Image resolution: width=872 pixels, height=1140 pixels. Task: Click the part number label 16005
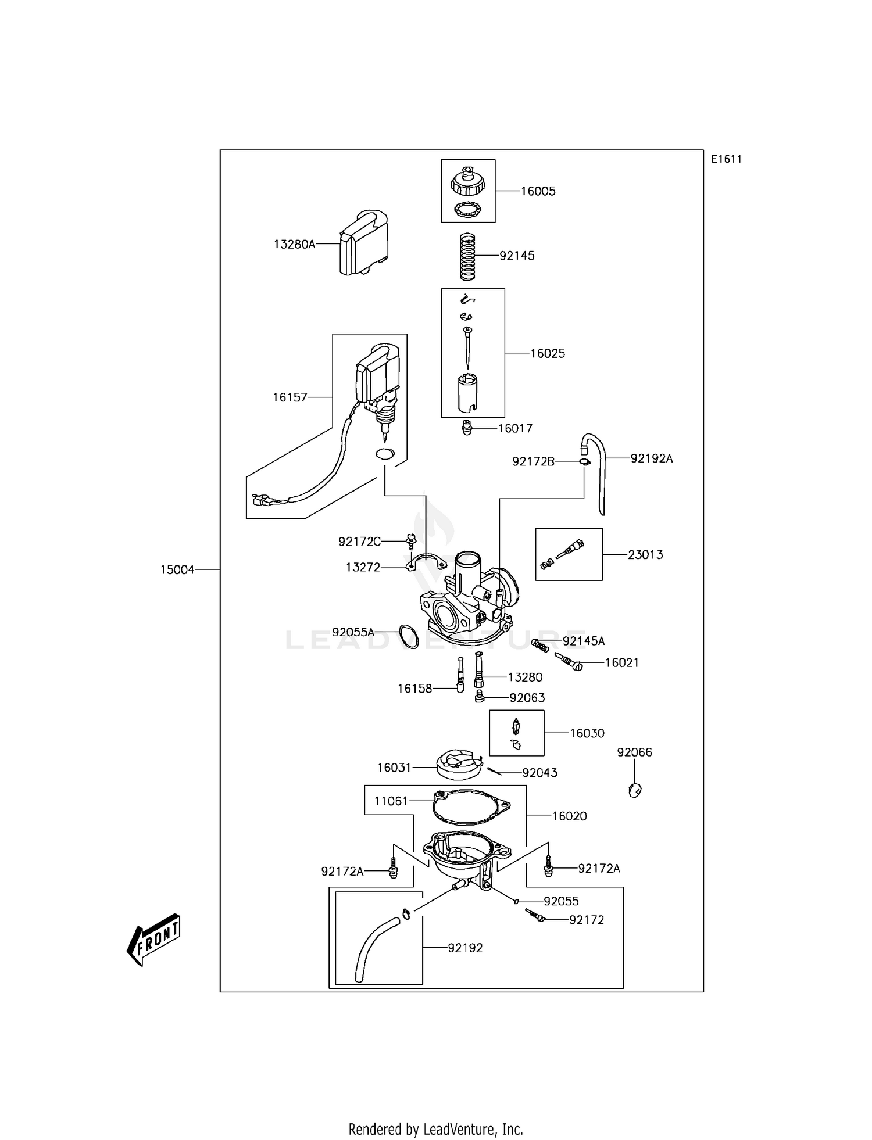click(x=538, y=191)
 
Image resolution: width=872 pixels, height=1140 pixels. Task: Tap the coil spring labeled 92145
click(x=468, y=256)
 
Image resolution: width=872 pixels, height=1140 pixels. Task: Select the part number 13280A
click(x=294, y=245)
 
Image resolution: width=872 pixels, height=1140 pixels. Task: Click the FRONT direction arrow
click(x=153, y=940)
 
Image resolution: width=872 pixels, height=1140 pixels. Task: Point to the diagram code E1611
click(x=727, y=159)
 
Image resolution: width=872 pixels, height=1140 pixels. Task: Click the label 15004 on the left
click(x=177, y=570)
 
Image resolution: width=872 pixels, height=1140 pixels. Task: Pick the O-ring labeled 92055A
click(x=409, y=637)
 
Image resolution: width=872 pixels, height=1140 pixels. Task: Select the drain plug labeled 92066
click(x=635, y=790)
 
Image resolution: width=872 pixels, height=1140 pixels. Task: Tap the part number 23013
click(x=645, y=555)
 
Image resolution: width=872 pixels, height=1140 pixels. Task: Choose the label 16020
click(x=569, y=816)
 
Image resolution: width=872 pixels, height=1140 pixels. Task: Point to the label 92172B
click(x=533, y=461)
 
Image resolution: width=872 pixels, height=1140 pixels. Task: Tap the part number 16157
click(x=290, y=397)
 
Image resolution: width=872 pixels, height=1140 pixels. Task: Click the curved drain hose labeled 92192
click(x=372, y=949)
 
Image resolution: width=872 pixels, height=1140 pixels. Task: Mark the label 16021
click(x=621, y=663)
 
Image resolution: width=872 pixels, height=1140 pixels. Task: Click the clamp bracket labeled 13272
click(x=424, y=564)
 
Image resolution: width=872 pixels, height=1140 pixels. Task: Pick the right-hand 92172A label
click(x=599, y=869)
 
